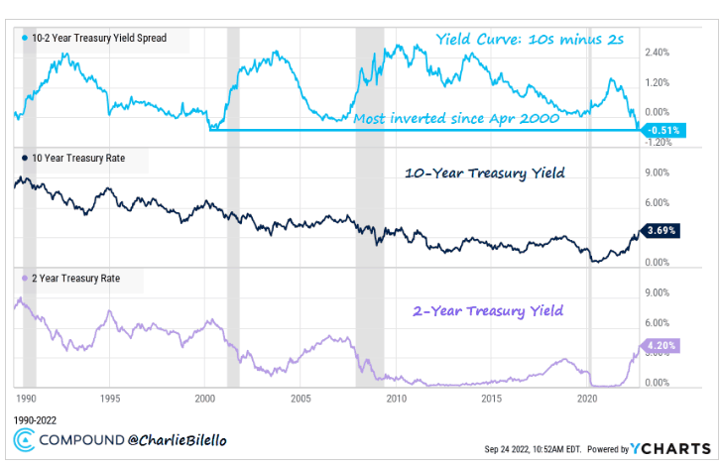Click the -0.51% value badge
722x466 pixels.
(x=662, y=130)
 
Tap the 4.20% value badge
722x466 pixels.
(x=662, y=347)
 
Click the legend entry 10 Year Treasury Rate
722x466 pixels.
(x=83, y=158)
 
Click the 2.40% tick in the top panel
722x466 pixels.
(x=660, y=53)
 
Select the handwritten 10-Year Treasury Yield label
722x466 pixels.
(x=486, y=174)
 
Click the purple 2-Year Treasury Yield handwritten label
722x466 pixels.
(x=487, y=310)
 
